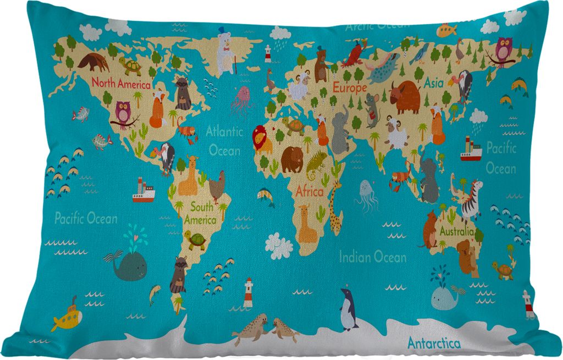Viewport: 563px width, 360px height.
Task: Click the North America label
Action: click(x=120, y=84)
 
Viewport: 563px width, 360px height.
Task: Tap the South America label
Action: click(x=201, y=214)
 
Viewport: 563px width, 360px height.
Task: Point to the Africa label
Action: click(x=310, y=192)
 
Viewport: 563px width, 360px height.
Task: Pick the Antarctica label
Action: click(x=434, y=344)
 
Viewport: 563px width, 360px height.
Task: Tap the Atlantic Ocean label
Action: click(x=224, y=141)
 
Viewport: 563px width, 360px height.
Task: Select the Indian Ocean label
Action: click(x=372, y=256)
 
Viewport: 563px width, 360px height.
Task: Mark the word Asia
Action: click(x=433, y=83)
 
